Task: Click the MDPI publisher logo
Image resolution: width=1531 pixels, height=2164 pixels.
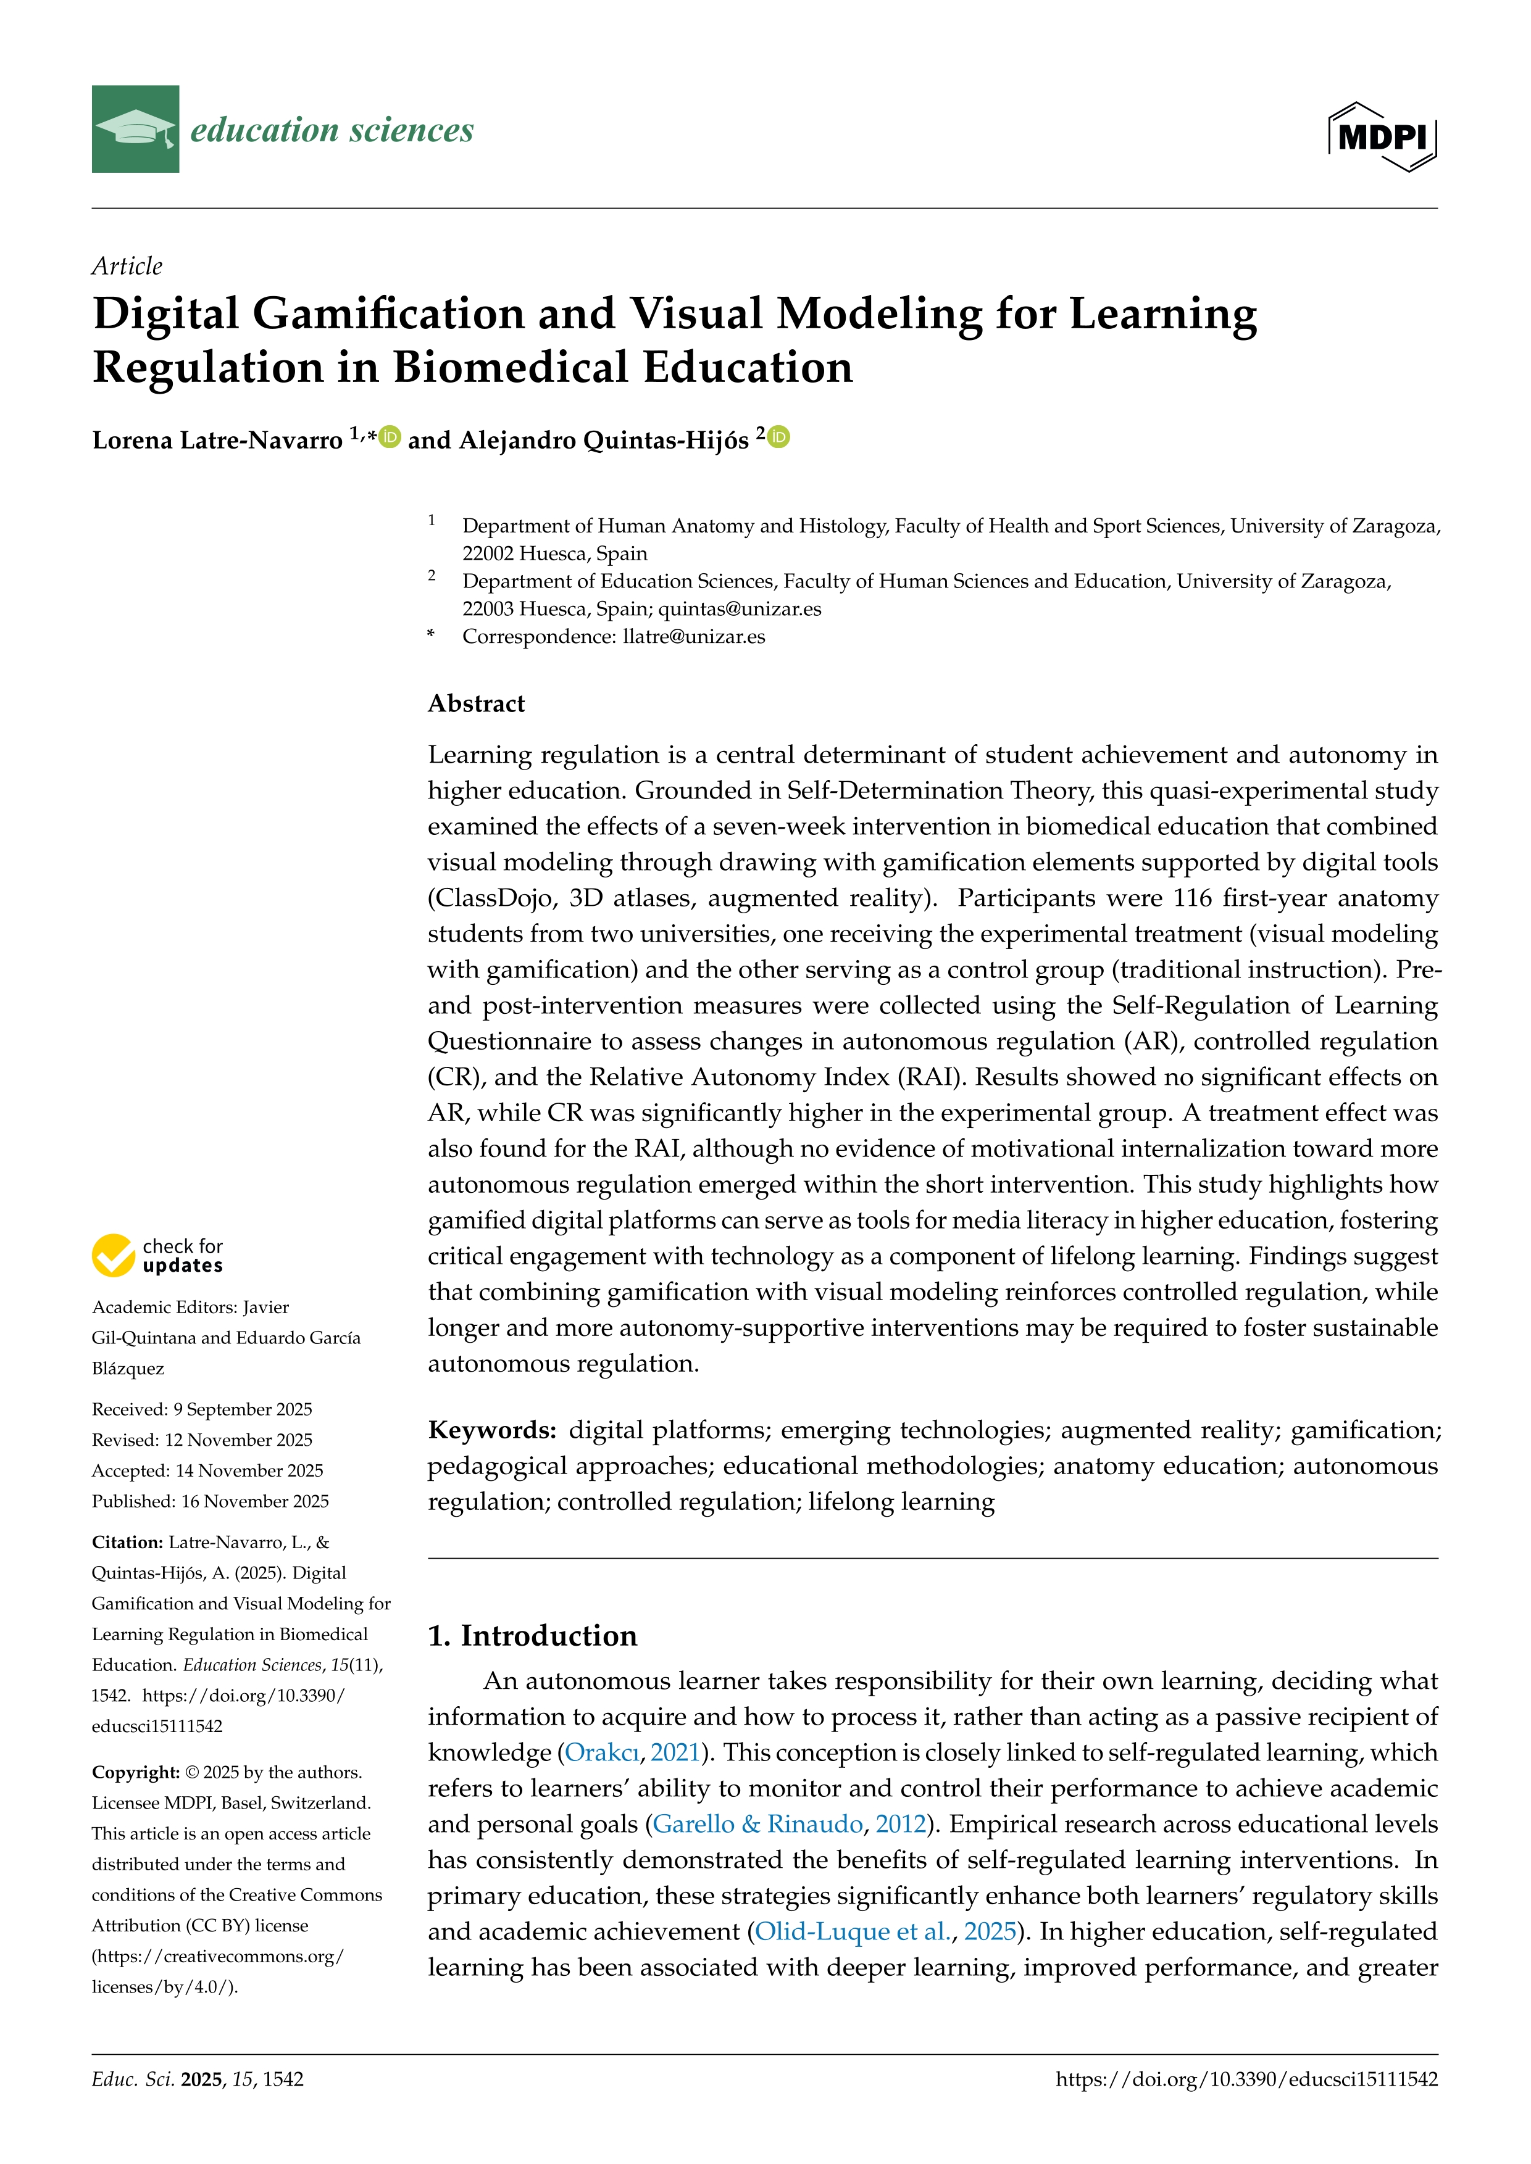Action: pos(1382,136)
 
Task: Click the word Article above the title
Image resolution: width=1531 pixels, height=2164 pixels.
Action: pos(127,267)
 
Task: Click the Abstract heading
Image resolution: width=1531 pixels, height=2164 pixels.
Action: pos(476,704)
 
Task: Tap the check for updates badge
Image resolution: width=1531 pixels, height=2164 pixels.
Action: pos(157,1256)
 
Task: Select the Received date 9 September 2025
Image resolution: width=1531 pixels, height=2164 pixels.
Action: pos(242,1409)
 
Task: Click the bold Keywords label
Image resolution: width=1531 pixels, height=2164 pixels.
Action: pos(492,1431)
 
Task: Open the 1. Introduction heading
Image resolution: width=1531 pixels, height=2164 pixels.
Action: pos(533,1635)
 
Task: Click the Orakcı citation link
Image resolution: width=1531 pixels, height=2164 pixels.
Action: pos(601,1753)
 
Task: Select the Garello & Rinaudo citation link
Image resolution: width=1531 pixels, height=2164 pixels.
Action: pos(757,1825)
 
